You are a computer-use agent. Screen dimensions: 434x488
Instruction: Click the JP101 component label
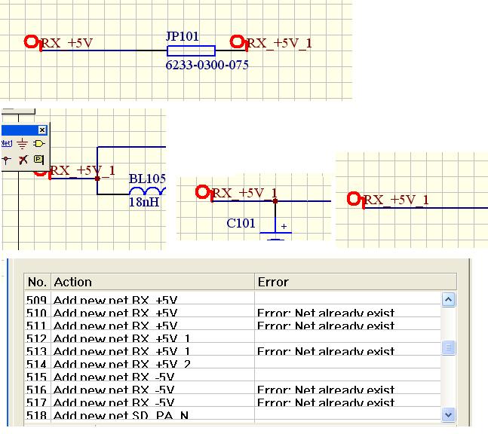click(x=182, y=35)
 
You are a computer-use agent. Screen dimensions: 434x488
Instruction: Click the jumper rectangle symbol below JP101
click(x=191, y=51)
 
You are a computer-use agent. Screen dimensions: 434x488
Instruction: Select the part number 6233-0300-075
click(x=207, y=66)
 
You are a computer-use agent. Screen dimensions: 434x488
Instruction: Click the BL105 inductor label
click(x=146, y=179)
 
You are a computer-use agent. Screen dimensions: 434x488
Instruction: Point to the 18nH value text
click(x=144, y=202)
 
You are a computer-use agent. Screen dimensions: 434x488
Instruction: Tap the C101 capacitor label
click(x=241, y=223)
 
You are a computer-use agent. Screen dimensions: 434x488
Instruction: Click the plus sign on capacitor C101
click(x=284, y=226)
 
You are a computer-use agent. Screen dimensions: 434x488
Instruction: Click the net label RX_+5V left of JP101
click(x=66, y=43)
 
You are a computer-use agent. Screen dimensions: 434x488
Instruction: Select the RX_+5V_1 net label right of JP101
click(x=279, y=43)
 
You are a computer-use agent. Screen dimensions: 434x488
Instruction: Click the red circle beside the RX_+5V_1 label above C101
click(x=202, y=192)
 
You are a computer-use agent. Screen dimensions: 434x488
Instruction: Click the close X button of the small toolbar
click(x=42, y=130)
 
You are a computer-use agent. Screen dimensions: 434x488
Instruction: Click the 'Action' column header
click(x=72, y=282)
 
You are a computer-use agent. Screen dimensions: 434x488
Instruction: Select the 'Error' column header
click(x=273, y=282)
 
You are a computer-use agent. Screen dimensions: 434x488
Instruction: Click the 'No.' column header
click(x=36, y=282)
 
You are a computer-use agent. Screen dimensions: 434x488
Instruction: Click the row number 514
click(x=36, y=365)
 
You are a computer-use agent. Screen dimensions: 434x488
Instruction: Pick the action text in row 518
click(x=121, y=416)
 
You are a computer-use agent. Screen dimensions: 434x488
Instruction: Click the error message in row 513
click(x=326, y=352)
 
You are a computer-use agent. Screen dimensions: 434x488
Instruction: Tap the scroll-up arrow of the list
click(x=448, y=300)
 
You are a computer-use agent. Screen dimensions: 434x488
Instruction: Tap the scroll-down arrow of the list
click(x=448, y=414)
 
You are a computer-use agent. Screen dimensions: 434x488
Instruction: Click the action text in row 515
click(x=113, y=377)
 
